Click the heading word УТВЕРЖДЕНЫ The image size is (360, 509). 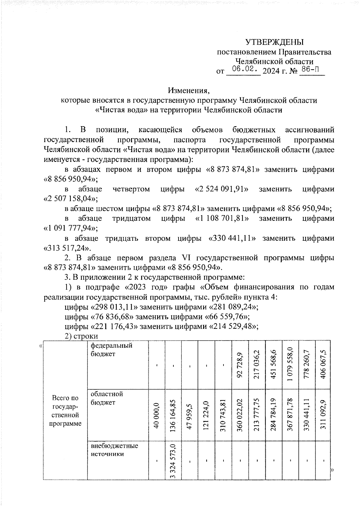[x=274, y=42]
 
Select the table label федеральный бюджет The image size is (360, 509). [x=111, y=350]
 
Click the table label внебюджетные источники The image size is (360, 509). [x=114, y=450]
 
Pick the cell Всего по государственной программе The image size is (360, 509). [x=65, y=411]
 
